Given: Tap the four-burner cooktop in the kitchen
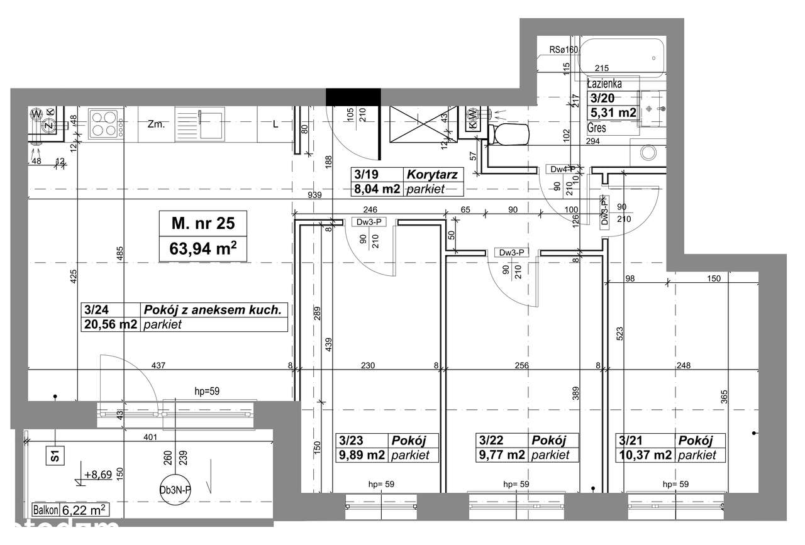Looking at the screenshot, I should click(x=105, y=123).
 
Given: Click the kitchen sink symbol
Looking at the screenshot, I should click(x=200, y=123).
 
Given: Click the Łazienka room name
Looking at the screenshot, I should click(x=604, y=83).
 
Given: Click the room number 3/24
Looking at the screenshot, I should click(x=93, y=310).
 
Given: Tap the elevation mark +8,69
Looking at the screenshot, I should click(x=99, y=475).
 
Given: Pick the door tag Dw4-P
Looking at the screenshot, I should click(x=563, y=169).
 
